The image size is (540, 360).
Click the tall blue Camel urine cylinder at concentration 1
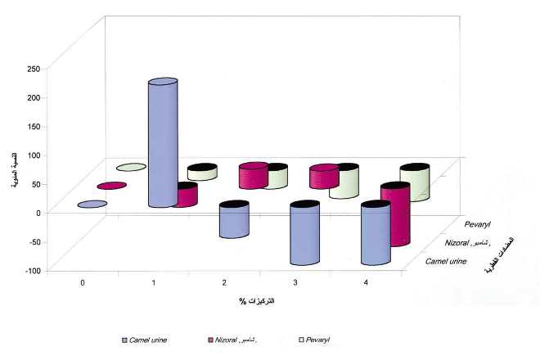coord(162,143)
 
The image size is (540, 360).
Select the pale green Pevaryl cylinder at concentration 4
coord(415,183)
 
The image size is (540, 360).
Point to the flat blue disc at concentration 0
coord(92,205)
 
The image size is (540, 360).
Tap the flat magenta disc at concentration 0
coord(111,186)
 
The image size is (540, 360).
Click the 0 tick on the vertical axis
coord(37,213)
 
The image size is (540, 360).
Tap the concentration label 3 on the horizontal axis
coord(295,282)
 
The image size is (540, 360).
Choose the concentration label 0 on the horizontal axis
coord(82,282)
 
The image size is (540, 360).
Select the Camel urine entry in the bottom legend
coord(146,339)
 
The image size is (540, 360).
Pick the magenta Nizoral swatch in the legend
coord(210,339)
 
